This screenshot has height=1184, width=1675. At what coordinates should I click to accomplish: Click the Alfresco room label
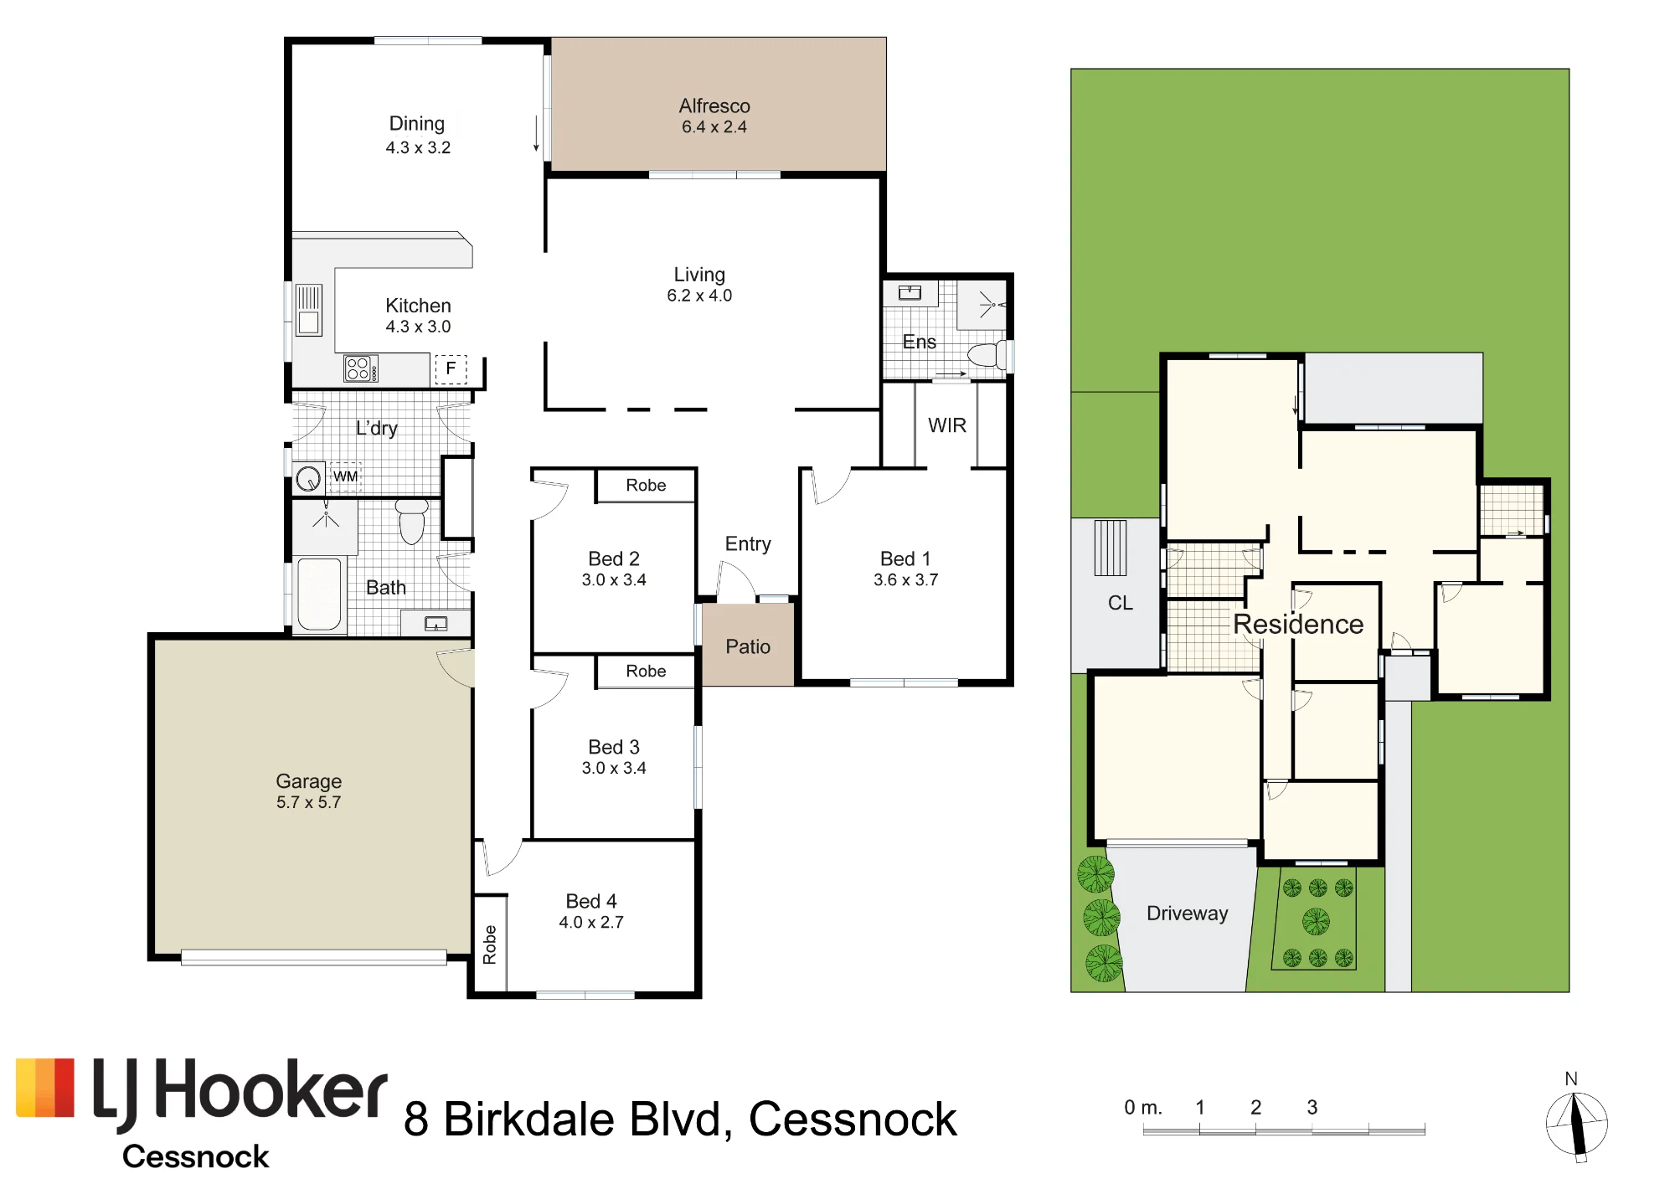(714, 106)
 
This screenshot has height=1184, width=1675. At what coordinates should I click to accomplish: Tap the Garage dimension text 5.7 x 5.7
(309, 802)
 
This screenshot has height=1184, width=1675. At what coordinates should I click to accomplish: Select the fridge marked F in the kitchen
(451, 368)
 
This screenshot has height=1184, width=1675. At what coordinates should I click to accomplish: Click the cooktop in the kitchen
(361, 368)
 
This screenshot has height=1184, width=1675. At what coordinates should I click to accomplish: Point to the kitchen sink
(309, 309)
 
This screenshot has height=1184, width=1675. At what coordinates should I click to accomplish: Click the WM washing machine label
(345, 476)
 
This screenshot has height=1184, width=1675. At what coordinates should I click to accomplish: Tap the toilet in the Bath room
(411, 521)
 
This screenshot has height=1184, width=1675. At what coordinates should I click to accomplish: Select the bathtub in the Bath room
(319, 593)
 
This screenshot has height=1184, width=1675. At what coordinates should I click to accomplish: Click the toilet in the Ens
(987, 355)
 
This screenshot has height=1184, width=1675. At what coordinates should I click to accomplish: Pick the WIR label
(947, 425)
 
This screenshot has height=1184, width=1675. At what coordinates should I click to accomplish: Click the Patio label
(748, 646)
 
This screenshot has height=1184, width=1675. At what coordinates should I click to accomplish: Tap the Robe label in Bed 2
(646, 486)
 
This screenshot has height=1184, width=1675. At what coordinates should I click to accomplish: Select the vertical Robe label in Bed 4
(490, 945)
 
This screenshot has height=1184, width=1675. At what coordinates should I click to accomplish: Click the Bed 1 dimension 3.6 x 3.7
(905, 579)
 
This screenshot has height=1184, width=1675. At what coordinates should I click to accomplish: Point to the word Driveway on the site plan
(1188, 914)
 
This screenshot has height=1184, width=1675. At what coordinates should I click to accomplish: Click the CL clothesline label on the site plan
(1121, 603)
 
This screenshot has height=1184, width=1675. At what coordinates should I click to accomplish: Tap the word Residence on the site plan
(1298, 624)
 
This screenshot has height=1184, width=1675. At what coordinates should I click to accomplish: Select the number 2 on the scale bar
(1255, 1107)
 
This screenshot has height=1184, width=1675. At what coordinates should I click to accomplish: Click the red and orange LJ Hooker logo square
(45, 1088)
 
